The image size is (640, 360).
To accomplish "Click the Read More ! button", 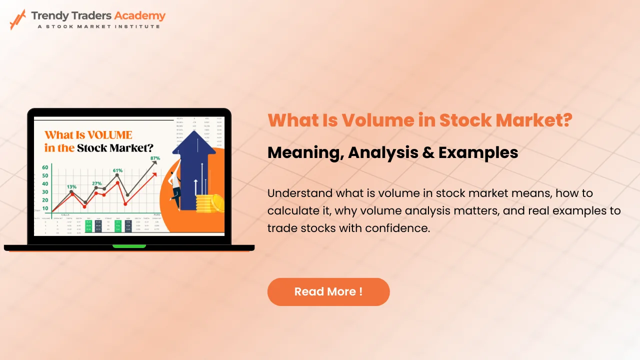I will tap(328, 292).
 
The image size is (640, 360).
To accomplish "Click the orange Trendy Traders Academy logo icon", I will tap(17, 19).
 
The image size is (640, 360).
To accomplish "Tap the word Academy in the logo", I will tap(139, 15).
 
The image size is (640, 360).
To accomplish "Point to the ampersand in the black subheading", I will tap(428, 152).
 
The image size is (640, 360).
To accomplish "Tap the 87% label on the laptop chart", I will tap(155, 158).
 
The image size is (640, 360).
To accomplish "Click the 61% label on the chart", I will tap(117, 170).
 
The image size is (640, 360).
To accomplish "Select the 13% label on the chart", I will tap(71, 186).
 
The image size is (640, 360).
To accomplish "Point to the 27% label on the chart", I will tap(96, 183).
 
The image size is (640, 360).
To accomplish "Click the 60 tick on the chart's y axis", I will tap(45, 167).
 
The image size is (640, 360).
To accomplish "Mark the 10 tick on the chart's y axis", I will tap(45, 208).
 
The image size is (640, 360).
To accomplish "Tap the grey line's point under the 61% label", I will tap(117, 175).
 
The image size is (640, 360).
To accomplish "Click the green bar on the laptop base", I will tap(129, 246).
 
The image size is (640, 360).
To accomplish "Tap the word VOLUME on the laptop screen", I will tap(108, 135).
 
